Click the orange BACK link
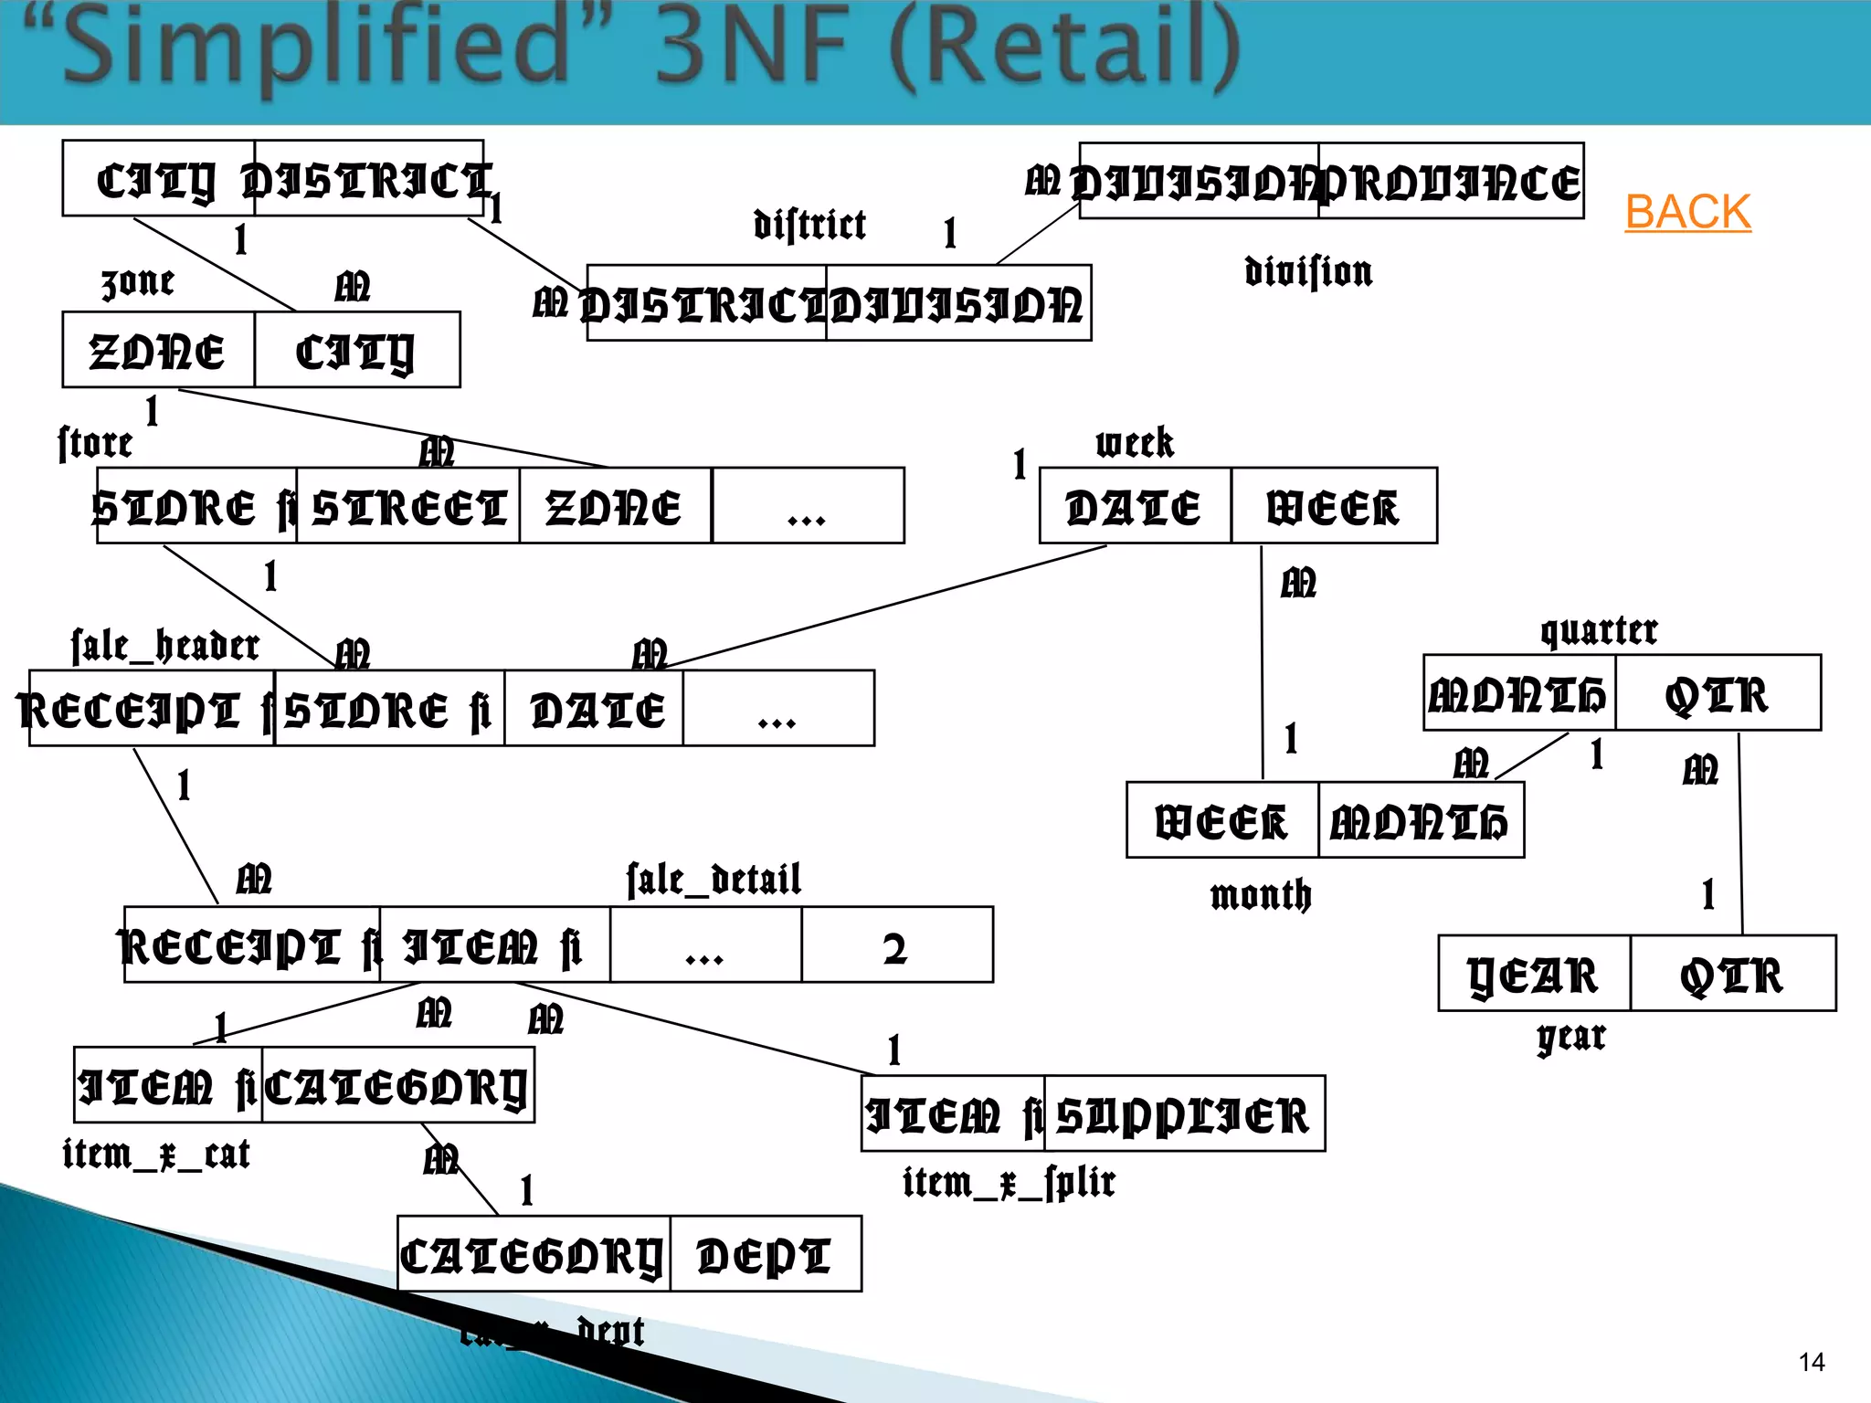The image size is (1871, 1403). [x=1687, y=212]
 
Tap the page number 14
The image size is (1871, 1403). [x=1811, y=1363]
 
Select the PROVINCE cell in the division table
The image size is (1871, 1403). [x=1451, y=182]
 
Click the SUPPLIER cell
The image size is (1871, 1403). [x=1184, y=1114]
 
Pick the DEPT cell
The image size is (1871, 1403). [x=766, y=1254]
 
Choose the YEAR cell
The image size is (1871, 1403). [x=1534, y=974]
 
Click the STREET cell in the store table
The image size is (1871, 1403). [x=408, y=506]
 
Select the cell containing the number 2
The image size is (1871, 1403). [x=896, y=945]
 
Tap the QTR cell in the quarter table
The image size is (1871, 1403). [x=1717, y=693]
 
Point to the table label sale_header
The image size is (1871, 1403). [x=165, y=645]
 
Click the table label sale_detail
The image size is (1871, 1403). [x=714, y=879]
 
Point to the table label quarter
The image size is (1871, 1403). [x=1599, y=630]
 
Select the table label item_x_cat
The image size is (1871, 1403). [x=156, y=1154]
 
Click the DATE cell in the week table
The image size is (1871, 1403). [x=1135, y=506]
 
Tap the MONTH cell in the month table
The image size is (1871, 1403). [x=1421, y=821]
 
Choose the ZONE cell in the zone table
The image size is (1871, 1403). [x=158, y=351]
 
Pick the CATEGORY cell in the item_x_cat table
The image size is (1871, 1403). [x=397, y=1085]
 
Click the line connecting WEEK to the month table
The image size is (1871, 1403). [x=1262, y=662]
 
